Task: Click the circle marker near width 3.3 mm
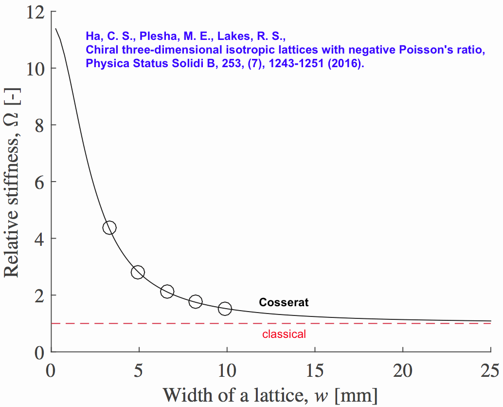pos(109,227)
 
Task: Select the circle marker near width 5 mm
pos(138,272)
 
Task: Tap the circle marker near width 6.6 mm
pos(167,292)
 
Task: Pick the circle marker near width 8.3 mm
pos(196,301)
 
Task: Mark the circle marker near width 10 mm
pos(225,308)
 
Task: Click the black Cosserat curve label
pos(284,302)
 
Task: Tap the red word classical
pos(284,334)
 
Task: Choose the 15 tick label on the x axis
pos(315,371)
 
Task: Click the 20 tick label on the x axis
pos(403,371)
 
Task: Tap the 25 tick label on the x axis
pos(490,371)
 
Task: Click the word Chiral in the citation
pos(99,50)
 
